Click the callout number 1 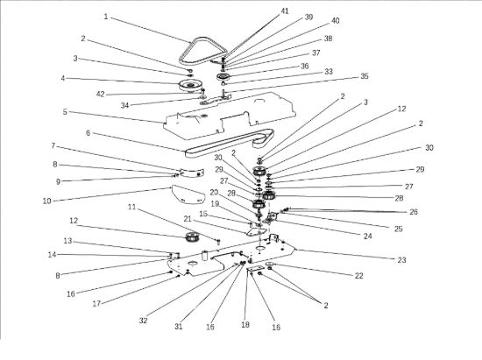pos(106,17)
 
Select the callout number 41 pos(285,11)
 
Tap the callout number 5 pos(65,112)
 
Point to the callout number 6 pos(89,133)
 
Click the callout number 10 pos(46,201)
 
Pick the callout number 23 pos(401,260)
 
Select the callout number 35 pos(365,76)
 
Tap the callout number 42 pos(101,94)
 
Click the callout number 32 pos(143,321)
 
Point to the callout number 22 pos(358,276)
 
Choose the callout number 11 pos(131,207)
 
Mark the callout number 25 pos(398,229)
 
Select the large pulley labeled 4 pos(189,85)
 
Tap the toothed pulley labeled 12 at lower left pos(193,237)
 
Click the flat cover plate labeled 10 pos(188,194)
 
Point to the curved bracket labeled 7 pos(193,173)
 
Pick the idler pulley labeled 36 pos(223,76)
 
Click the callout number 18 pos(245,324)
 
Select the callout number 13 pos(67,241)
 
